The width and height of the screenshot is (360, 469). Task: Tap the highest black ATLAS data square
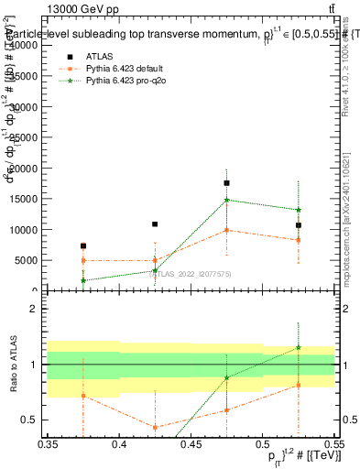click(x=227, y=183)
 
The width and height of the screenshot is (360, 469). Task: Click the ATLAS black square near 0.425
click(x=155, y=224)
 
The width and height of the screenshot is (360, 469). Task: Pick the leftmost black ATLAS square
click(x=83, y=245)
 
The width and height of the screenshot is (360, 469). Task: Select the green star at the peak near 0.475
click(x=227, y=200)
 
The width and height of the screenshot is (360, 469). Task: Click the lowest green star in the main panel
click(x=83, y=280)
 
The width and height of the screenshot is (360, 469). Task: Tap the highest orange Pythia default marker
click(x=227, y=230)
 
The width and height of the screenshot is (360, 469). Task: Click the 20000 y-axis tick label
click(x=23, y=169)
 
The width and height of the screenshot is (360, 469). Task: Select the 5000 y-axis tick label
click(x=26, y=261)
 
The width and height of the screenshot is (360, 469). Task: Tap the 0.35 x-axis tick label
click(x=48, y=444)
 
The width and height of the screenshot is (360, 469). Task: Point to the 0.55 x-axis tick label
click(x=333, y=444)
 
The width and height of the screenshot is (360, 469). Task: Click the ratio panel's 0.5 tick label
click(x=30, y=420)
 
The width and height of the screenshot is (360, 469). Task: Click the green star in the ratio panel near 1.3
click(x=299, y=347)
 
